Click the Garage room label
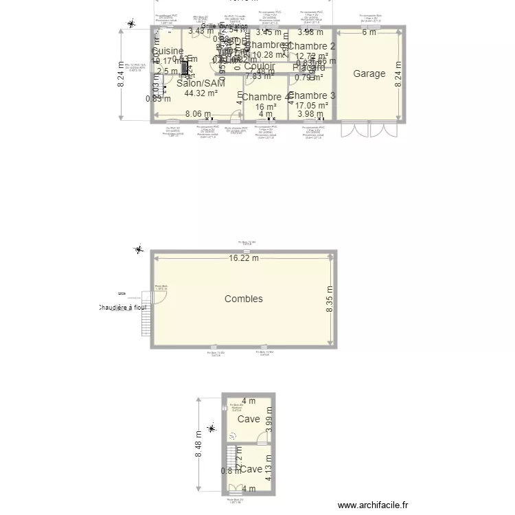pos(369,73)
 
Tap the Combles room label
pos(244,299)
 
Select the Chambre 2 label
pos(312,47)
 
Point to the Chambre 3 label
pos(312,95)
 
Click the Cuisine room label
pos(168,51)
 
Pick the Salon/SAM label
pos(201,83)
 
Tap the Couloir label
pos(260,67)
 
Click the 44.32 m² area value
pos(201,93)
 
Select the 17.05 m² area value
pos(312,106)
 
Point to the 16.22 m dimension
pos(244,259)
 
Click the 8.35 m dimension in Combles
pos(330,299)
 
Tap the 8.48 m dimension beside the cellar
pos(198,444)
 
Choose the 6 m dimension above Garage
pos(369,32)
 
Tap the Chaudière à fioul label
pos(123,308)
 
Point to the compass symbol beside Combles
pos(139,250)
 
